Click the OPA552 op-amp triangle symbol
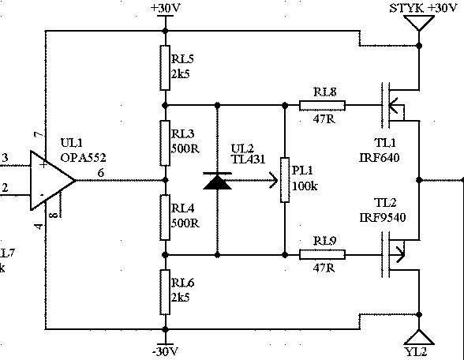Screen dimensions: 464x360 tap(52, 180)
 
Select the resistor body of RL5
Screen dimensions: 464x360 tap(165, 68)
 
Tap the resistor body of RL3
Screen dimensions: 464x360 tap(165, 143)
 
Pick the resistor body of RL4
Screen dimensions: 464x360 tap(165, 218)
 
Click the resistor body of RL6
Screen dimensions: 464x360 tap(165, 292)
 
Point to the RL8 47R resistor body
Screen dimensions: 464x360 tap(322, 106)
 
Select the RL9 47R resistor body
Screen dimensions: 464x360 tap(322, 254)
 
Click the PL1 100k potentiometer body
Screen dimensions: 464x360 tap(285, 180)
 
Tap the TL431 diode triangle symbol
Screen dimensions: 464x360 tap(218, 182)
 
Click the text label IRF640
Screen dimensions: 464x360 tap(380, 158)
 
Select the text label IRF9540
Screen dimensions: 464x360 tap(382, 218)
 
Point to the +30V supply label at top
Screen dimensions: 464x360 tap(165, 8)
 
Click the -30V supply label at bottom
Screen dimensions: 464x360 tap(165, 352)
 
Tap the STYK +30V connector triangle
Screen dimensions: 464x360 tap(419, 22)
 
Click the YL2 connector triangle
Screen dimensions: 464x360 tap(419, 338)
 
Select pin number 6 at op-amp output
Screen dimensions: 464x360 tap(101, 173)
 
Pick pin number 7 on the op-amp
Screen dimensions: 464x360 tap(39, 135)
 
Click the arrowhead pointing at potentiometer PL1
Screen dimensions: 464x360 tap(273, 180)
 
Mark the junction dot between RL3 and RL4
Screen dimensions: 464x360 tap(166, 180)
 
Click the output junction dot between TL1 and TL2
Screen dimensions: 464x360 tap(419, 180)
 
